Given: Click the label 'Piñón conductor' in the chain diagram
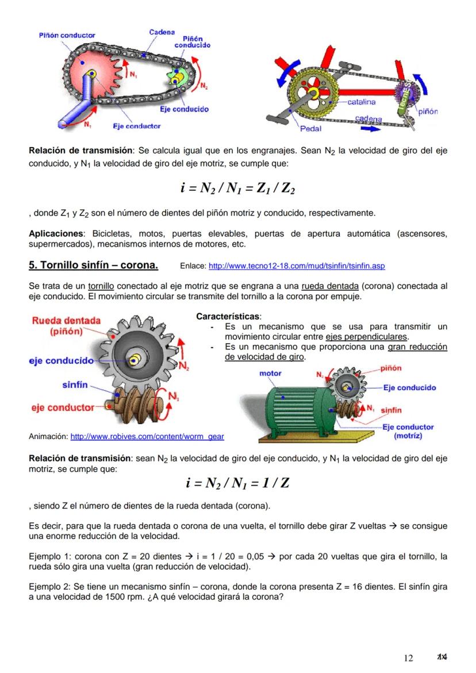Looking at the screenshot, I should click(x=66, y=36).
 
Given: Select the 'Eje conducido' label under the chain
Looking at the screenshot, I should click(x=185, y=109).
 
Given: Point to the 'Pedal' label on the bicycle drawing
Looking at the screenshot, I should click(x=311, y=128).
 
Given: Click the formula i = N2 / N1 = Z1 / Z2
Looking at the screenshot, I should click(x=237, y=188).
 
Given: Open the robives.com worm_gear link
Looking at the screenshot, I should click(x=147, y=437).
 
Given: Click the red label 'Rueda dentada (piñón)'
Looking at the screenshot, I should click(x=66, y=325).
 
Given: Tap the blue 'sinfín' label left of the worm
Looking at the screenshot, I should click(x=75, y=384).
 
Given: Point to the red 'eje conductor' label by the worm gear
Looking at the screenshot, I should click(x=63, y=407).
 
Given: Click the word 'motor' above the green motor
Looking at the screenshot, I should click(x=270, y=373).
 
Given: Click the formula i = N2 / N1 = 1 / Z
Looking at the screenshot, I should click(x=237, y=483).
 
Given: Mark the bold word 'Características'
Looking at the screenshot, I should click(x=228, y=316).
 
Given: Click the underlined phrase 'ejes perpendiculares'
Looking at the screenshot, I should click(x=367, y=337).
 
